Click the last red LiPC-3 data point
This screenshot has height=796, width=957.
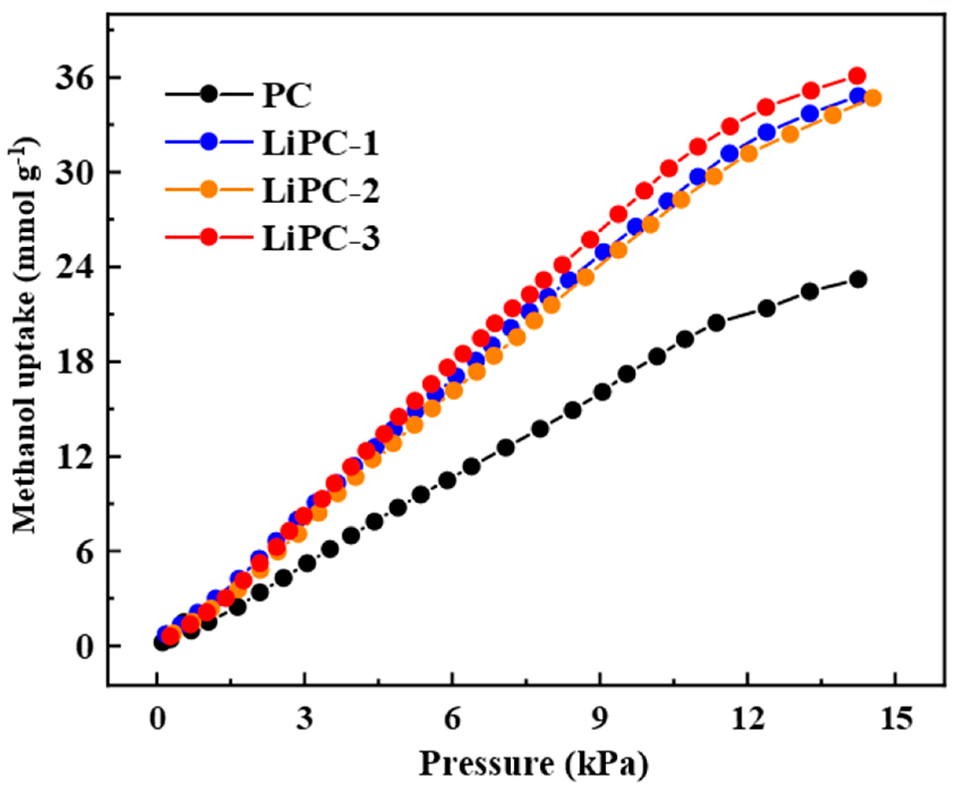click(857, 76)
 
